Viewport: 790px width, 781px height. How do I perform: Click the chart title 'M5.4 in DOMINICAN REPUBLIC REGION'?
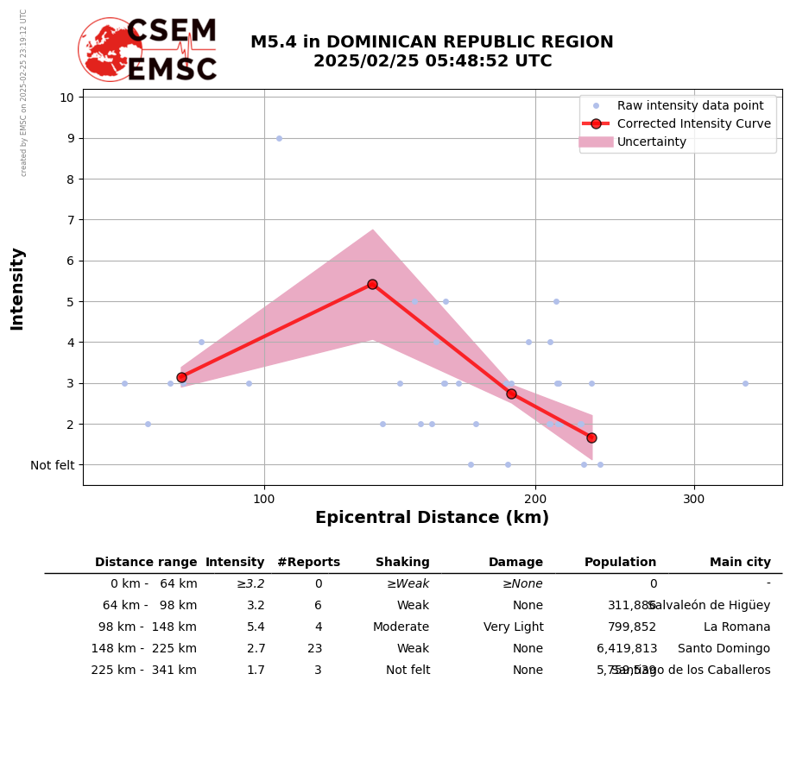pos(432,42)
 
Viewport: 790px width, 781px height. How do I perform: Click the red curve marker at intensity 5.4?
pos(372,284)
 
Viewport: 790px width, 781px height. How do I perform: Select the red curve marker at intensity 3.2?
pos(181,377)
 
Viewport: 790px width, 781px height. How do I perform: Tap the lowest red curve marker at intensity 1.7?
pos(591,438)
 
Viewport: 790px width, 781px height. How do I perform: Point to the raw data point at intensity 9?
pos(279,138)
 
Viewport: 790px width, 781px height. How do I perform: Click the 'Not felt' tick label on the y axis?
pos(53,465)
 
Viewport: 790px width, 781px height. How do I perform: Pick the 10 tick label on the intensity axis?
pos(66,97)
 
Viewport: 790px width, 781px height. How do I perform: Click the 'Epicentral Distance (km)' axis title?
pos(432,518)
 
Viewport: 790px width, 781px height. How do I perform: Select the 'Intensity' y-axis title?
pos(17,288)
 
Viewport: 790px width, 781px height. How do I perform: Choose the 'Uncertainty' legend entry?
pos(652,142)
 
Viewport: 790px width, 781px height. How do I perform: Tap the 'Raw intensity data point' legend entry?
pos(690,105)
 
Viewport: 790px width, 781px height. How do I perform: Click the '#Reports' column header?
pos(308,563)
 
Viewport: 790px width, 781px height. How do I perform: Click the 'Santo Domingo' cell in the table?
pos(724,649)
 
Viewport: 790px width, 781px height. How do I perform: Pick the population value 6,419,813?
pos(627,649)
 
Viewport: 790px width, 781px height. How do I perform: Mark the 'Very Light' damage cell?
pos(513,627)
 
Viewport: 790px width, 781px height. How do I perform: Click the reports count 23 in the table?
pos(314,649)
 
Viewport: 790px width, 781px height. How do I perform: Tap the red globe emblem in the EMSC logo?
pos(110,50)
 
